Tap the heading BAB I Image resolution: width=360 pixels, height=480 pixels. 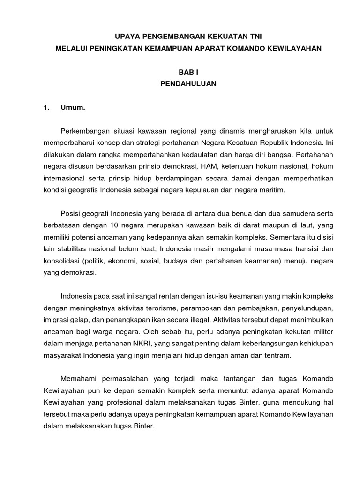pos(188,72)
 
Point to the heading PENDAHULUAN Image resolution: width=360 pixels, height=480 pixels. pos(188,84)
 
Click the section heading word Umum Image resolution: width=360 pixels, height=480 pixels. pos(72,108)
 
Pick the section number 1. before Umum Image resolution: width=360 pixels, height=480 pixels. pos(46,108)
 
